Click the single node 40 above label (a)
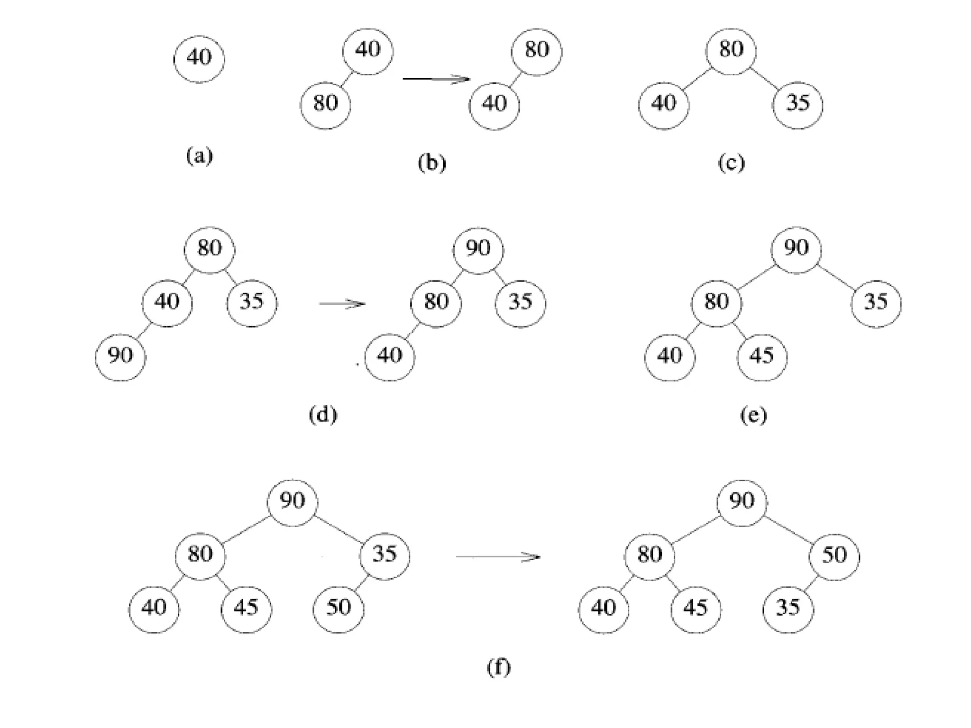199,59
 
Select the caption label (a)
199,156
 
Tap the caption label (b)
431,163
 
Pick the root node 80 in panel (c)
731,50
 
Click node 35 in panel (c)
797,104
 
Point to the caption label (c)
731,163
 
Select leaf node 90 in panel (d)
120,356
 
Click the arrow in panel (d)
342,303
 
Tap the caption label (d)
323,415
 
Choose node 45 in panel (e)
762,356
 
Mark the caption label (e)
753,416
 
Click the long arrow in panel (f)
498,556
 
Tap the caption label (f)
498,667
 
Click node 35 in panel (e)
876,302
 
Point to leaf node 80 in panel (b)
325,104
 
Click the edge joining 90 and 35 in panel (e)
835,275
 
